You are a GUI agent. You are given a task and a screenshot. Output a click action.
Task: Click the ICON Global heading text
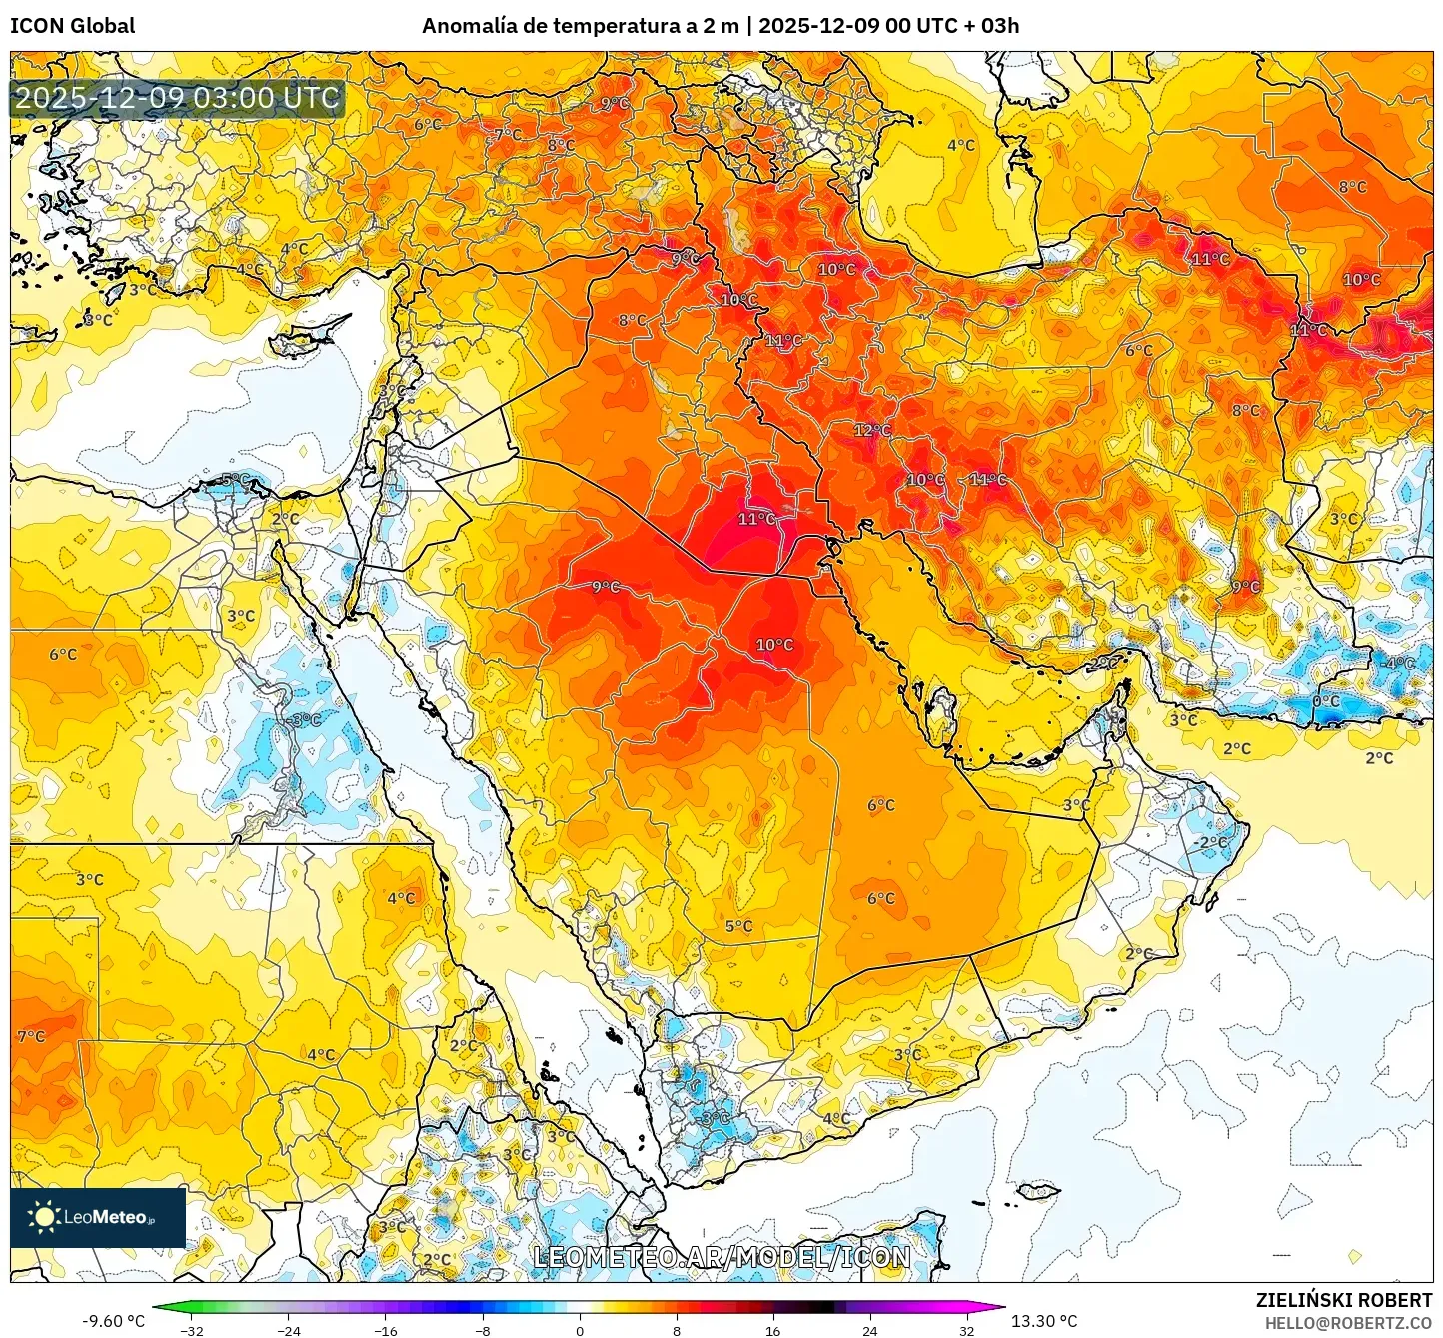coord(72,26)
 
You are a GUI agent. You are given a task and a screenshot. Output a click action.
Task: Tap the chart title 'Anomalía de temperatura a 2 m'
coord(580,26)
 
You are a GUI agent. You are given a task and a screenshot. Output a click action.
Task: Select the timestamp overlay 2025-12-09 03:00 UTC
coord(177,98)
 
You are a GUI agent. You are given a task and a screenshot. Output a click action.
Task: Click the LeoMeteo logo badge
coord(98,1217)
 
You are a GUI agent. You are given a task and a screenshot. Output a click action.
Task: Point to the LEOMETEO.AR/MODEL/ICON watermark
coord(721,1257)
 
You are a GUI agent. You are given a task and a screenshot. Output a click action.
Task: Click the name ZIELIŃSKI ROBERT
coord(1344,1300)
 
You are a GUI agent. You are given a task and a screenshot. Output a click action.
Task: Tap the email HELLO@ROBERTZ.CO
coord(1348,1323)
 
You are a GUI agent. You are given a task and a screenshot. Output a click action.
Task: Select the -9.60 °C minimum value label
coord(113,1321)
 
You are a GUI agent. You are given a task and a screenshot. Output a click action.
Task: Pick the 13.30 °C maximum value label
coord(1044,1321)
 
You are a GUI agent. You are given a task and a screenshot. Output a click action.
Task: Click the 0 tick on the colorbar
coord(580,1330)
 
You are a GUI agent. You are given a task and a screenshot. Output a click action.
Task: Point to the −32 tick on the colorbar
coord(191,1330)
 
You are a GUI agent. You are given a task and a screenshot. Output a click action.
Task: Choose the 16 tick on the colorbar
coord(772,1330)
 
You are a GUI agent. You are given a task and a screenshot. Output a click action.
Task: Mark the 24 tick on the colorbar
coord(869,1330)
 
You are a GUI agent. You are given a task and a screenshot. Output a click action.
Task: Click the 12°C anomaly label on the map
coord(872,430)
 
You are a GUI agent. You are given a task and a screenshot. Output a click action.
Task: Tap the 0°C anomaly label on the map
coord(1326,701)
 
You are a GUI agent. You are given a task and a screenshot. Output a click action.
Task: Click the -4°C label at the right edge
coord(1399,663)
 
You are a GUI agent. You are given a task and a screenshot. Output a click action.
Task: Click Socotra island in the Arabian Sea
coord(1038,1190)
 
